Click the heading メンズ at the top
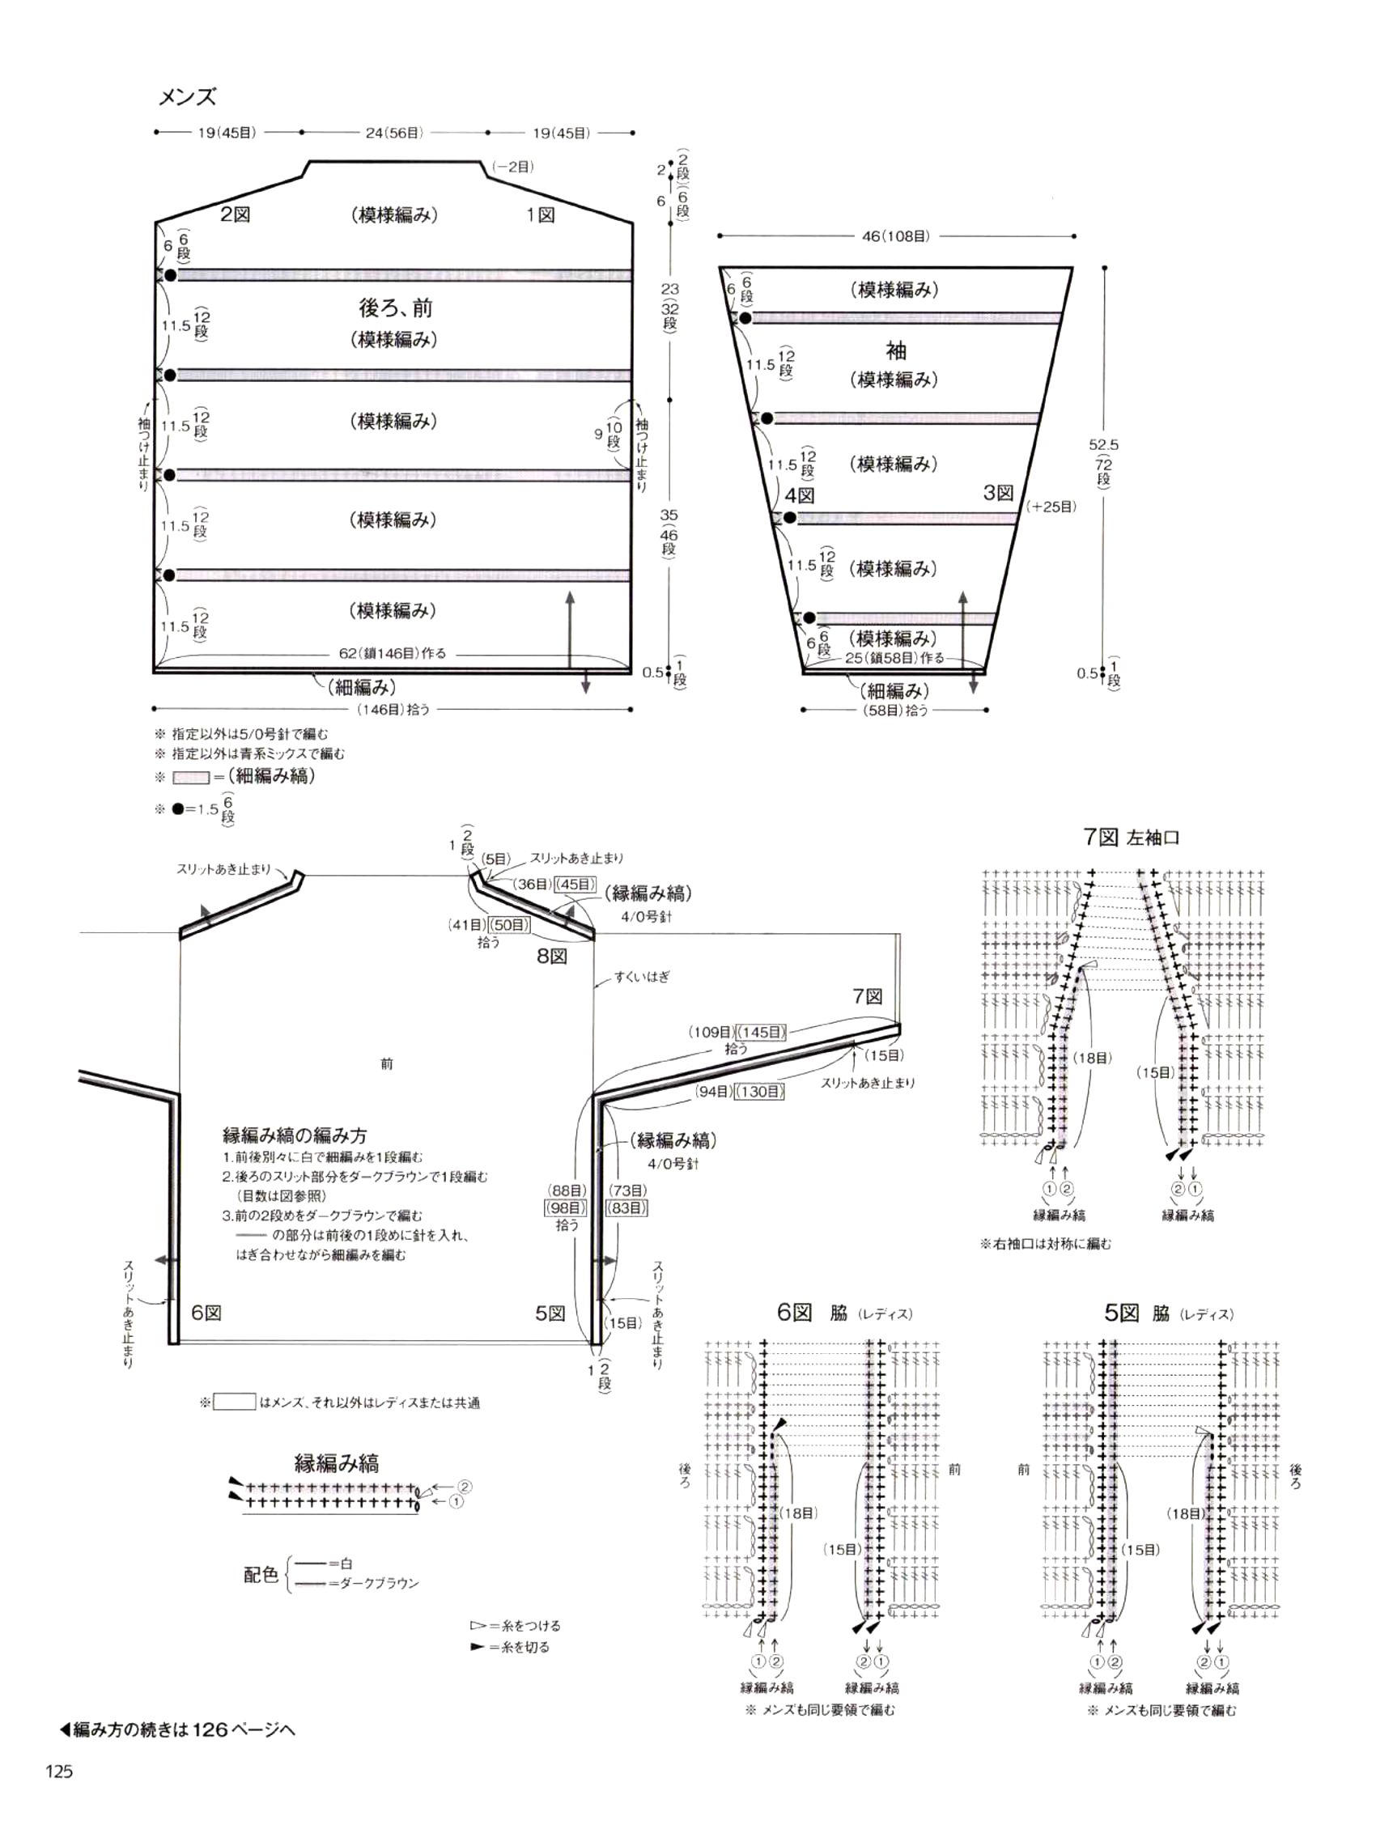187,98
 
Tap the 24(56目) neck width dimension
394,132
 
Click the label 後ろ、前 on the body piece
395,308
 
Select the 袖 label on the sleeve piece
895,351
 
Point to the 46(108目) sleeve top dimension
895,236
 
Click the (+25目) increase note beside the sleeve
1051,506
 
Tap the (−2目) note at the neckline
512,166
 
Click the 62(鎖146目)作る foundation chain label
392,653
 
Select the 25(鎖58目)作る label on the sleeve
894,658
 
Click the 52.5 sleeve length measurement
1103,445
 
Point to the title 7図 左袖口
1132,838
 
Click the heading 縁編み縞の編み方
295,1135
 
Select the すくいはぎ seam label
642,977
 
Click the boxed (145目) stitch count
761,1032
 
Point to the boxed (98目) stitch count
566,1208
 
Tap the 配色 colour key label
261,1575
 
